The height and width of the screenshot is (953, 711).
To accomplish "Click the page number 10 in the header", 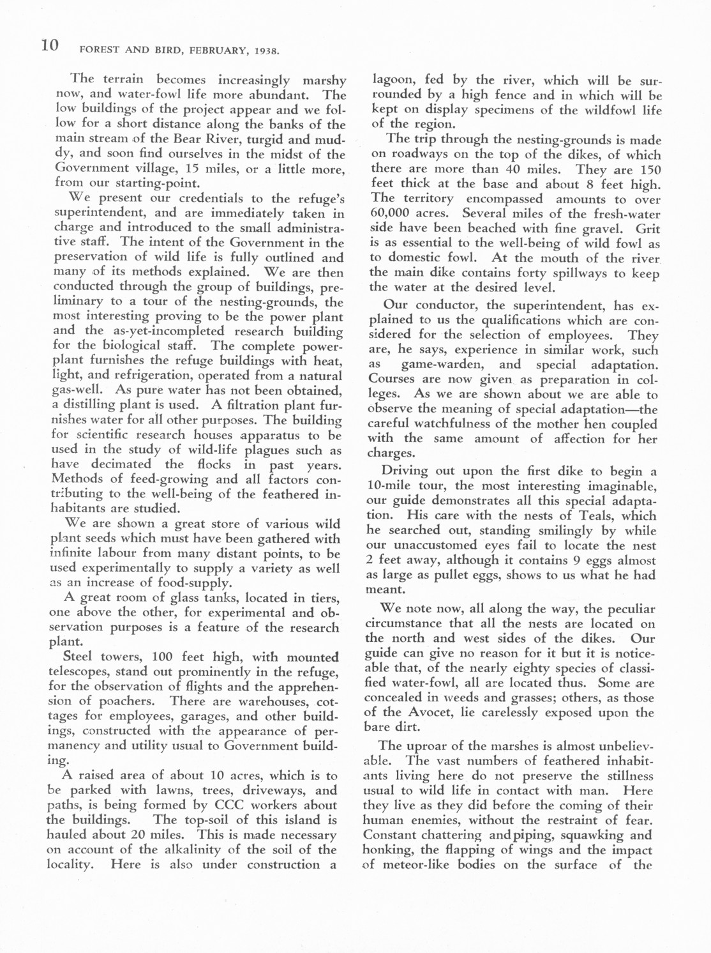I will point(50,45).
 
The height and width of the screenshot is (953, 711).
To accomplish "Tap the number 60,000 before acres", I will point(391,215).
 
